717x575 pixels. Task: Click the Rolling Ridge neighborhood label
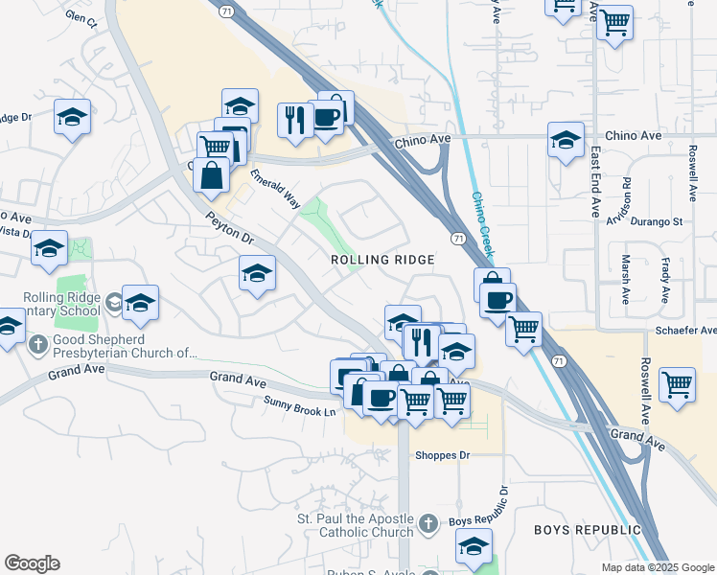click(382, 260)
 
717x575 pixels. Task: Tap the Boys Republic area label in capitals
click(587, 530)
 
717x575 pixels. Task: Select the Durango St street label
click(657, 221)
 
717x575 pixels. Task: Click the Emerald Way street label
click(276, 189)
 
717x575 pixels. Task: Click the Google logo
click(32, 563)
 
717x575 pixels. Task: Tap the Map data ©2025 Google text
click(658, 567)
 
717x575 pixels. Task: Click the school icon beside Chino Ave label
click(566, 139)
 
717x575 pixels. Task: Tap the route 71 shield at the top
click(225, 10)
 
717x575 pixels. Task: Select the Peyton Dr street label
click(229, 228)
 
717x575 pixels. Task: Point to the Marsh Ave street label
click(625, 276)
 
